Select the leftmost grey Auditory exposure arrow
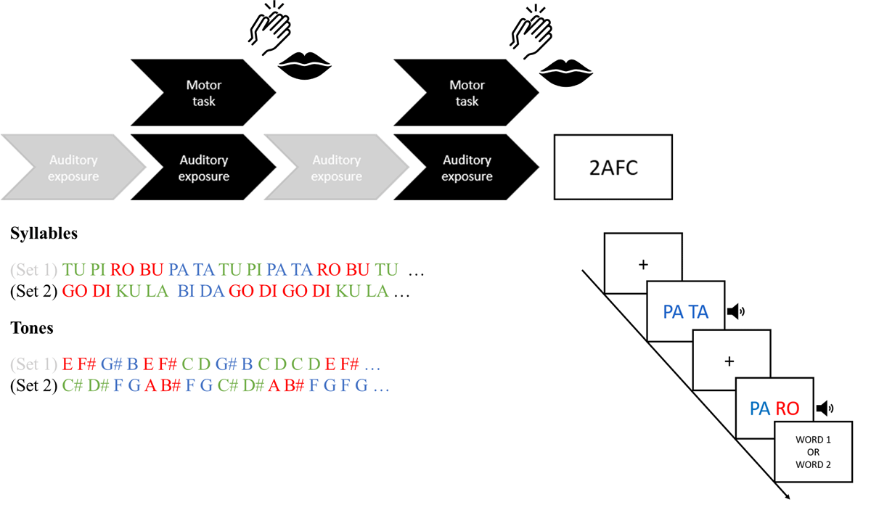click(x=73, y=168)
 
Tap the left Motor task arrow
click(x=204, y=93)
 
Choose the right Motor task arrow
click(x=467, y=93)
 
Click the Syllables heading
click(x=44, y=234)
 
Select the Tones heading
click(x=32, y=328)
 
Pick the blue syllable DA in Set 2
click(x=211, y=292)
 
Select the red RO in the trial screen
click(x=788, y=409)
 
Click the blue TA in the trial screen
click(x=698, y=312)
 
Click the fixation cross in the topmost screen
click(x=643, y=265)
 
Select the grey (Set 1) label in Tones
click(x=33, y=364)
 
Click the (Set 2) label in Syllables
click(x=33, y=292)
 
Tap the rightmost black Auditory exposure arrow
click(x=467, y=168)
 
